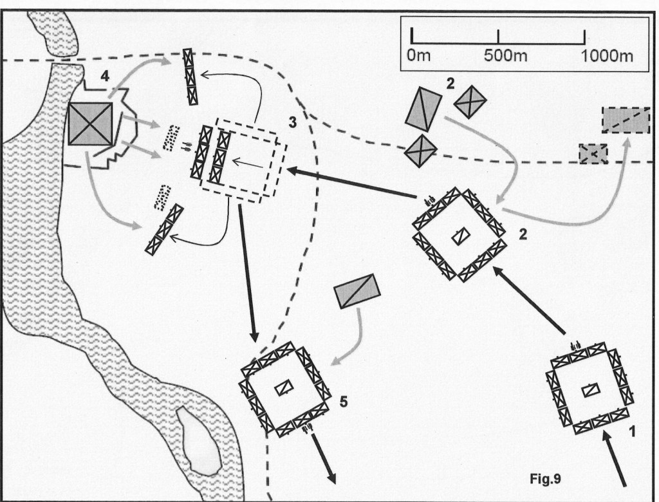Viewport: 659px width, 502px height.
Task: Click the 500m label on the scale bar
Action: pyautogui.click(x=505, y=55)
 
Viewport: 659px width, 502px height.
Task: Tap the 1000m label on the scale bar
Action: pyautogui.click(x=607, y=55)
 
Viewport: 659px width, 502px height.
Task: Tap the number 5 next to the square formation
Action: pyautogui.click(x=344, y=404)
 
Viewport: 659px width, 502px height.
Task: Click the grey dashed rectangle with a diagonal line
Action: pyautogui.click(x=625, y=120)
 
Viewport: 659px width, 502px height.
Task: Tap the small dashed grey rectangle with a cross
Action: pyautogui.click(x=593, y=154)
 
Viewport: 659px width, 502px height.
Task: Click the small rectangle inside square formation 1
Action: pyautogui.click(x=590, y=391)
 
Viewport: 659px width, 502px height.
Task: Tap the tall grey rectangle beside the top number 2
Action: pyautogui.click(x=423, y=110)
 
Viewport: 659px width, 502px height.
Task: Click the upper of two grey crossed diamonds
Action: pyautogui.click(x=469, y=101)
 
